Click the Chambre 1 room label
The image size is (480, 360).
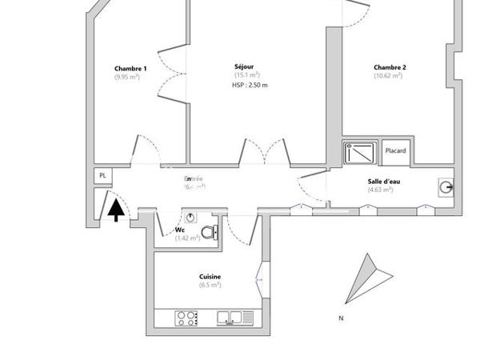(130, 69)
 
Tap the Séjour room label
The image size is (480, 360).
(245, 66)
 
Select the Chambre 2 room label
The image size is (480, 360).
(390, 67)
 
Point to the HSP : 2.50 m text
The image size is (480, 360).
(250, 85)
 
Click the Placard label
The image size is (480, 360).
(395, 150)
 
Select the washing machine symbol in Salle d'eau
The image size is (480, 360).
(445, 187)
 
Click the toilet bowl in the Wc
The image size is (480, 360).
(209, 233)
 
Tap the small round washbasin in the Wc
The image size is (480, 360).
(190, 217)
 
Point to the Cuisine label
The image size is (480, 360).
(210, 277)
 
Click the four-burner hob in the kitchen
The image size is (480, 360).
(186, 318)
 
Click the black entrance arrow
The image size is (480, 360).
(116, 210)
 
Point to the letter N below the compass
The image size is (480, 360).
(341, 318)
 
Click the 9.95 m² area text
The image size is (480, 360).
(130, 78)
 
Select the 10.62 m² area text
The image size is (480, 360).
(388, 76)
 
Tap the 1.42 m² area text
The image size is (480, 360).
(187, 238)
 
